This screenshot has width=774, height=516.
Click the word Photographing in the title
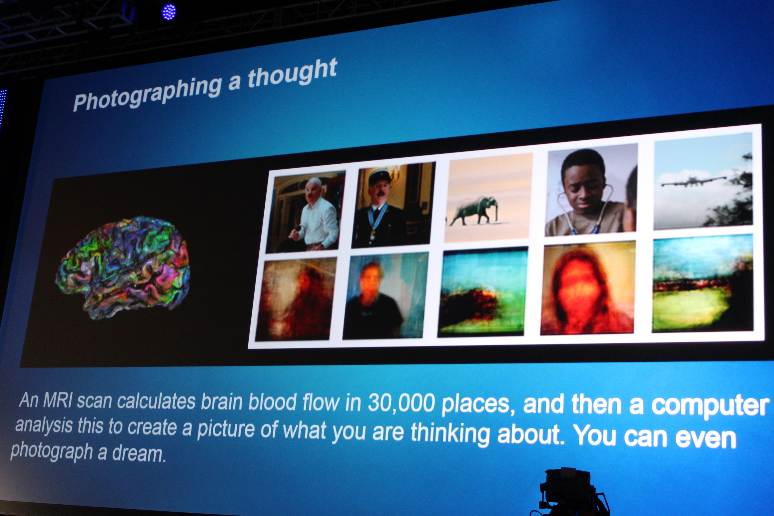pyautogui.click(x=147, y=93)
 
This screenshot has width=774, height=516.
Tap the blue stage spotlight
pyautogui.click(x=169, y=12)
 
